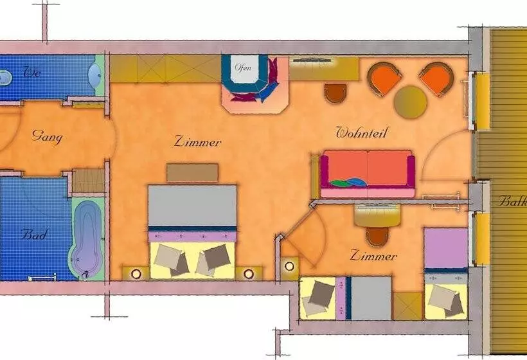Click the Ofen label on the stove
pyautogui.click(x=243, y=67)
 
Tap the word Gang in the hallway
pyautogui.click(x=47, y=137)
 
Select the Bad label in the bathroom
pyautogui.click(x=33, y=235)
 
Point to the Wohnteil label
pyautogui.click(x=361, y=132)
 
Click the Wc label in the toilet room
pyautogui.click(x=32, y=73)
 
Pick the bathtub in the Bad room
pyautogui.click(x=86, y=239)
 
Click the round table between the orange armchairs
pyautogui.click(x=411, y=102)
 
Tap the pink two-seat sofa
pyautogui.click(x=368, y=174)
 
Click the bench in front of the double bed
pyautogui.click(x=193, y=173)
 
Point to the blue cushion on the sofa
pyautogui.click(x=357, y=182)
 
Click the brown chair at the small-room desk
pyautogui.click(x=377, y=237)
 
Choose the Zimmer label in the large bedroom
pyautogui.click(x=198, y=141)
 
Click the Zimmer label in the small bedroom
pyautogui.click(x=373, y=256)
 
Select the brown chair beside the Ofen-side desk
pyautogui.click(x=335, y=93)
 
